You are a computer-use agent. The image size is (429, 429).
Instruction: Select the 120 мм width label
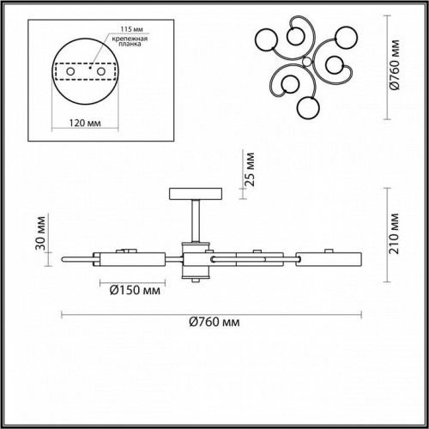tap(82, 123)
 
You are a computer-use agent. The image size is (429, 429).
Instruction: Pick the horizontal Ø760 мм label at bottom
tap(213, 323)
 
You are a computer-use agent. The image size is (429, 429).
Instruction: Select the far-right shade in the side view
tap(330, 257)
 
